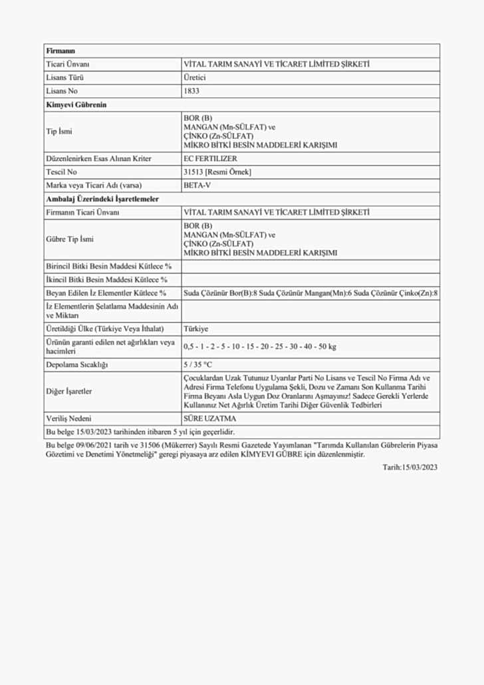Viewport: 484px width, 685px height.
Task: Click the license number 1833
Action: pos(191,91)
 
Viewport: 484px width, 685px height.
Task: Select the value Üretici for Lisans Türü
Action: pos(194,78)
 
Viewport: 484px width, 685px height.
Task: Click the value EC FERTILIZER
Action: pos(210,158)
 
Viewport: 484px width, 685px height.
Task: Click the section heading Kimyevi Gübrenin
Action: pos(76,104)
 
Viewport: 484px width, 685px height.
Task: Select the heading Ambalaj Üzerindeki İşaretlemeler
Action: pos(102,199)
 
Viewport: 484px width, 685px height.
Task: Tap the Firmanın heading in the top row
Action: pos(60,51)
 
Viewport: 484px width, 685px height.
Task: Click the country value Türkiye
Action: pos(195,329)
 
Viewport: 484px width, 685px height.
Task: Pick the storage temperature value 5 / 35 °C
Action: pos(197,364)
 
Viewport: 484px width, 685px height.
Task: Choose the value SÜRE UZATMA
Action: pos(209,418)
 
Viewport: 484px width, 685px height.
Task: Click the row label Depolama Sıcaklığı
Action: pos(76,364)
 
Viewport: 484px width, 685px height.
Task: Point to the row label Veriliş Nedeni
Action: pos(68,418)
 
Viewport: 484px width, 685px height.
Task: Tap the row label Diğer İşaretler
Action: pos(69,391)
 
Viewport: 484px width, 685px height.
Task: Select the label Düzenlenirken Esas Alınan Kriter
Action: pos(98,158)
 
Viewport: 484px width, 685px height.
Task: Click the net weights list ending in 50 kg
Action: pos(259,346)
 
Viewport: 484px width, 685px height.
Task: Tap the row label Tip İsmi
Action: pos(59,131)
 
